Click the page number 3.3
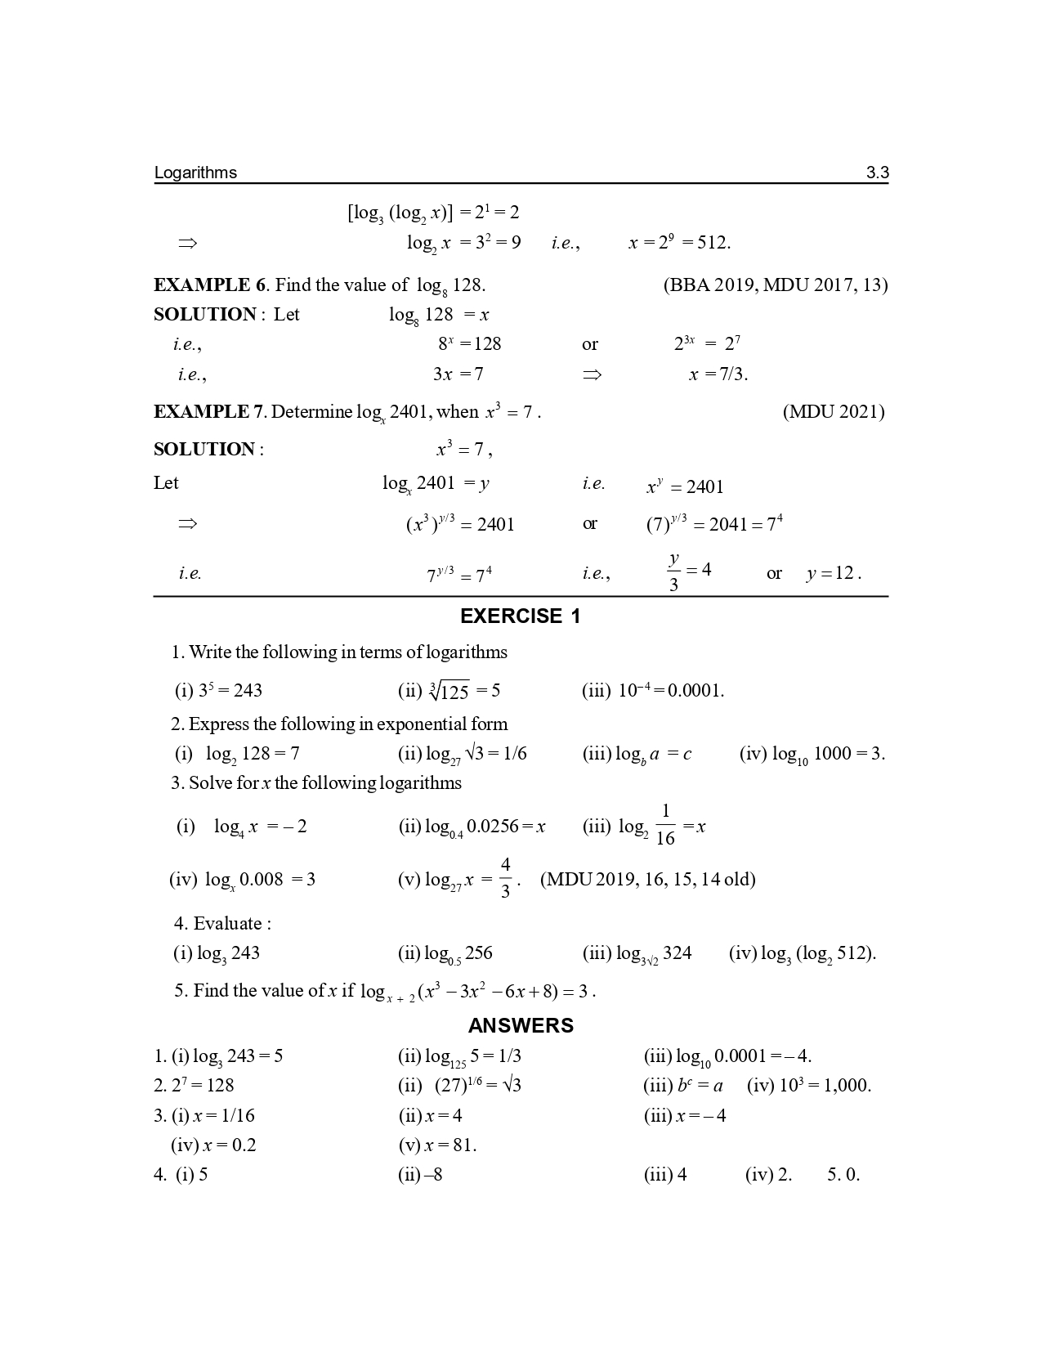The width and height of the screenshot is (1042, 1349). [877, 173]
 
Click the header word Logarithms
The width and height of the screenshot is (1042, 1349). [195, 173]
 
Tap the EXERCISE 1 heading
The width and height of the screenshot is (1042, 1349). [520, 616]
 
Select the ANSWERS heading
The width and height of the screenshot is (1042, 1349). [521, 1025]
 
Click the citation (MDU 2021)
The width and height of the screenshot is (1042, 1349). [833, 411]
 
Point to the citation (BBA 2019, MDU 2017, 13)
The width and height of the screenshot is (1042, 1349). [775, 285]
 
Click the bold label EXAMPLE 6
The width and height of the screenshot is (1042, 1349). [210, 285]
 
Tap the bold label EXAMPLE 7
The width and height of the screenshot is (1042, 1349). [209, 411]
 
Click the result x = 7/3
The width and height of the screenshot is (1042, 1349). [718, 374]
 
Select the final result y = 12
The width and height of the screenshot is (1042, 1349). [834, 573]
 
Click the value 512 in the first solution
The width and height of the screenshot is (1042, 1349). [713, 243]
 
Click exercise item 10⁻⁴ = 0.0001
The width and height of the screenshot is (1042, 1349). [670, 691]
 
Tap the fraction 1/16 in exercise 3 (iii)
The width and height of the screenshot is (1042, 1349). [665, 825]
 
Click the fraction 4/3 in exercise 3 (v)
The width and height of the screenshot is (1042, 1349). [505, 878]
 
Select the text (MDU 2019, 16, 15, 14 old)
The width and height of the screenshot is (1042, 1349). [647, 879]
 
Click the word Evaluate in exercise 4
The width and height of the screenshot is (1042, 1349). [227, 924]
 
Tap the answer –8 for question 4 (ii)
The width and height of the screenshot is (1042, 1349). [433, 1175]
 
